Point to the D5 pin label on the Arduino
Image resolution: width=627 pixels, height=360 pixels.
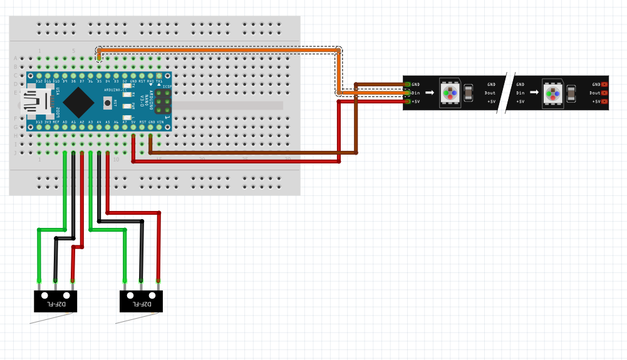tap(99, 81)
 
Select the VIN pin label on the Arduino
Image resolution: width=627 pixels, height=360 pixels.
tap(159, 122)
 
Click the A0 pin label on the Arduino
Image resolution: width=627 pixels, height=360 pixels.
tap(65, 122)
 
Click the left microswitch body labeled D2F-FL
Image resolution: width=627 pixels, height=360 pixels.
tap(54, 301)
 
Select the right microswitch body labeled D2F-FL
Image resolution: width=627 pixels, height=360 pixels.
tap(141, 301)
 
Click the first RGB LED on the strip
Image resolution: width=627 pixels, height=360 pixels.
tap(450, 93)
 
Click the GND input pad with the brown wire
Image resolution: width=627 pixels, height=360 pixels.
tap(408, 85)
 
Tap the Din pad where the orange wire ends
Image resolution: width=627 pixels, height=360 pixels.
tap(408, 93)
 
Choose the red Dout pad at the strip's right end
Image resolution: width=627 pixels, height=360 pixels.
tap(604, 93)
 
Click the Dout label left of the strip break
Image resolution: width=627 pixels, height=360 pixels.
tap(490, 93)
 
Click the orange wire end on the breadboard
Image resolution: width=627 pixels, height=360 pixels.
tap(99, 58)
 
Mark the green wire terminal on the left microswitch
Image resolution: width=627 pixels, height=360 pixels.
tap(39, 280)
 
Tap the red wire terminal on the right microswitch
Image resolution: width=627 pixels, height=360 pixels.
tap(158, 280)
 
